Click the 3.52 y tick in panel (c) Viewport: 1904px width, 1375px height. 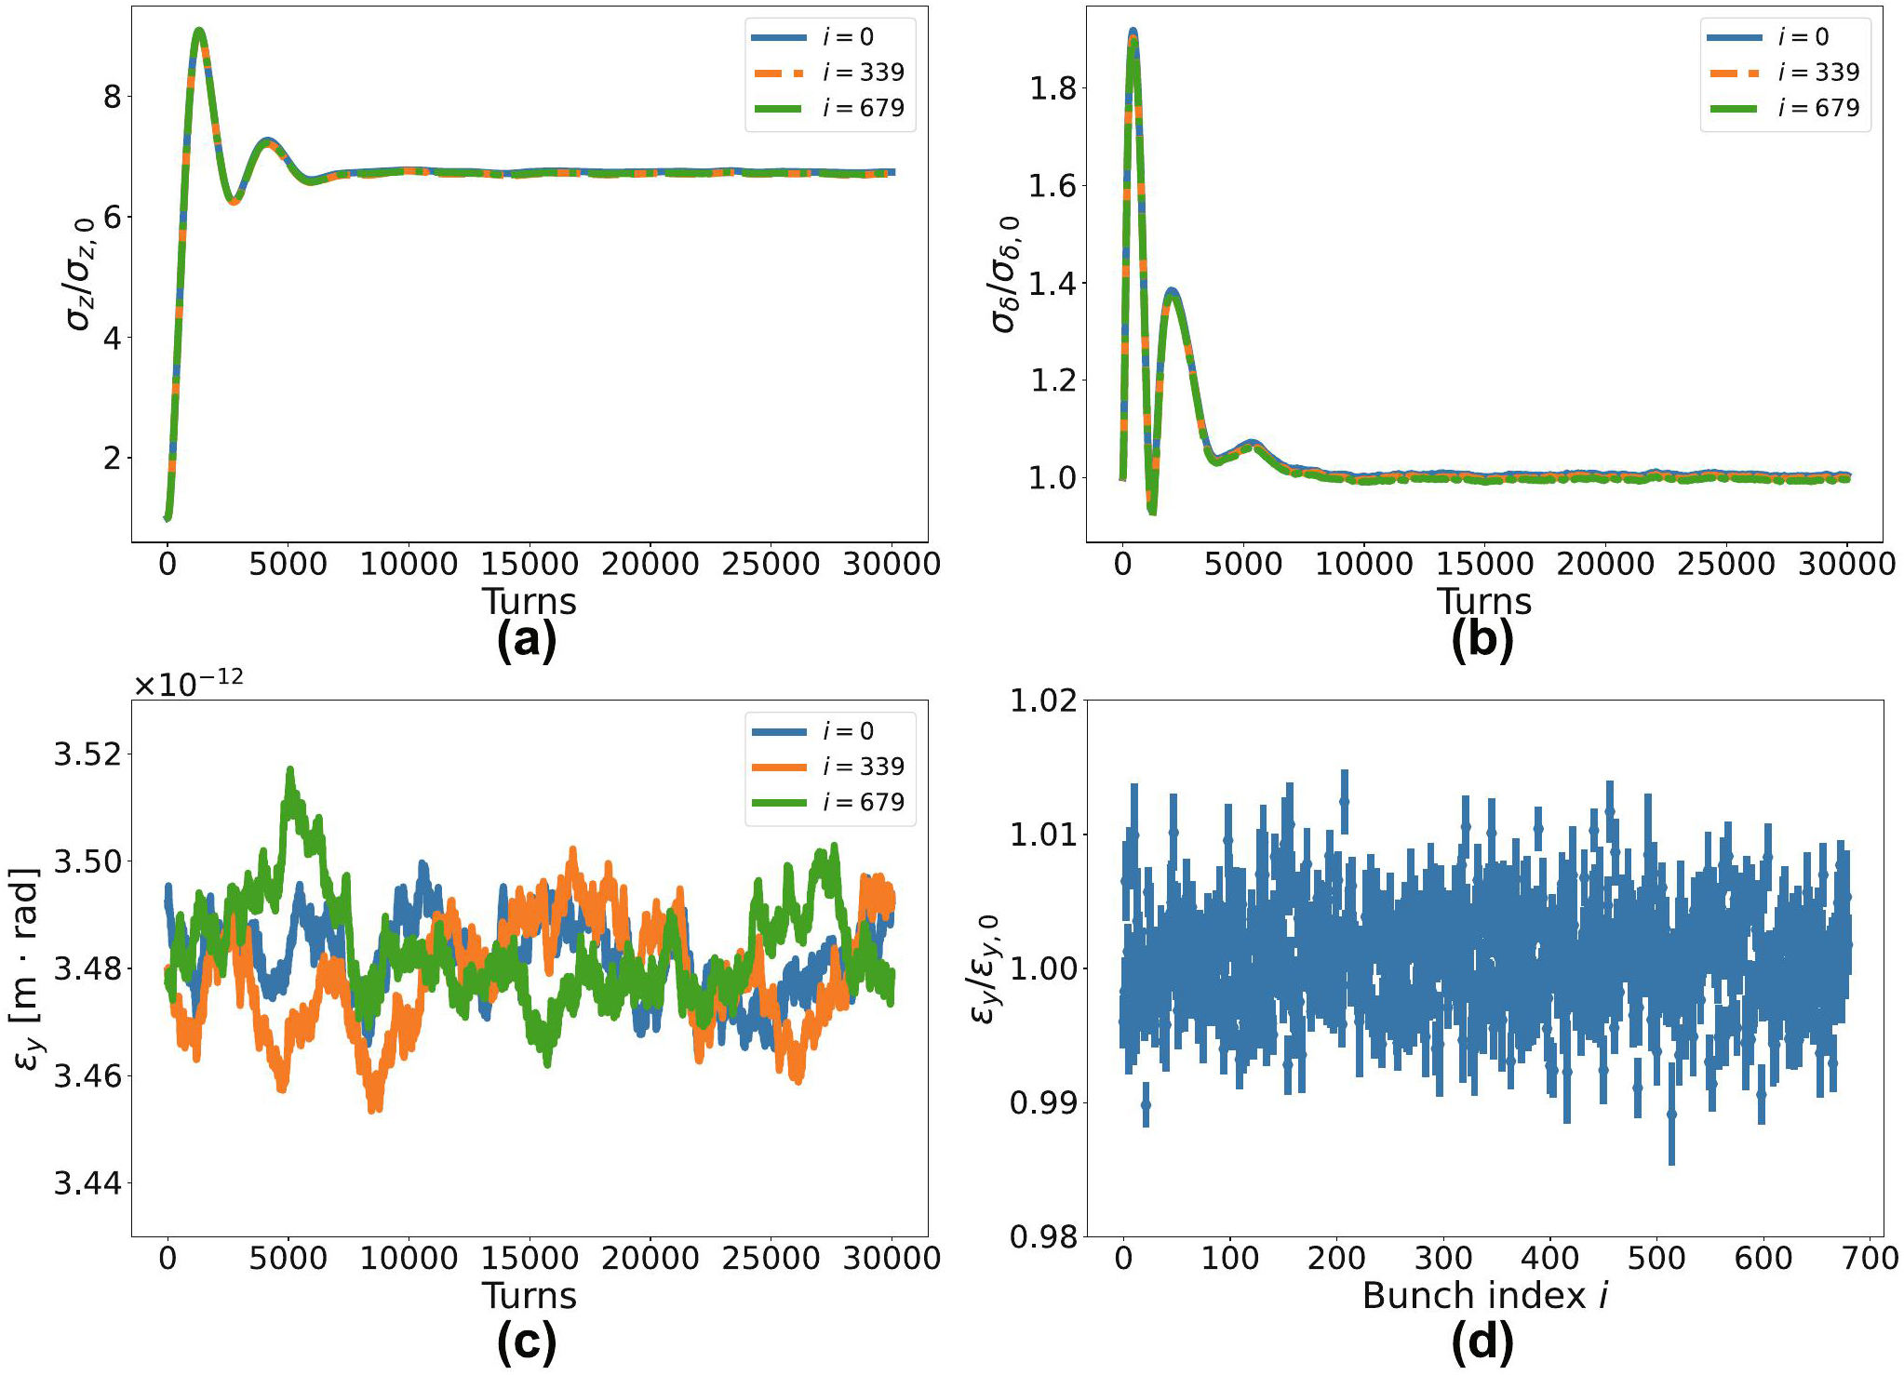[87, 754]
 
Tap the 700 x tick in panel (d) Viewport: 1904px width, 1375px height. [1870, 1259]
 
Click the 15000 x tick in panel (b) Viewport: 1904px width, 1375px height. [1484, 564]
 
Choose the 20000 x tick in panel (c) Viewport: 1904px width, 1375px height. [650, 1259]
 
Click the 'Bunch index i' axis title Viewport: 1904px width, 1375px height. [1484, 1296]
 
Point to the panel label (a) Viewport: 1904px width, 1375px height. [527, 640]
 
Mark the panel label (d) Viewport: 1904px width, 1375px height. [1482, 1341]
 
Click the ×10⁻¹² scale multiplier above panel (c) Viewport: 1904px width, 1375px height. [189, 684]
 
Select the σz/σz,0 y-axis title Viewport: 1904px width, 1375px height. [81, 274]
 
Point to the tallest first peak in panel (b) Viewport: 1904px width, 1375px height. [1133, 32]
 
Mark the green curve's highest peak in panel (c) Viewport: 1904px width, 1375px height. [290, 769]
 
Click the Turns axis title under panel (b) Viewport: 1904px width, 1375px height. [1484, 602]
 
